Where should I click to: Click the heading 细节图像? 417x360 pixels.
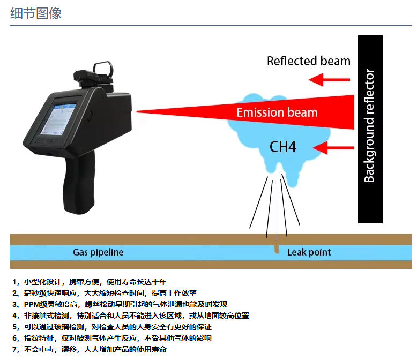36,13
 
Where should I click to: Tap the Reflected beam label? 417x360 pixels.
308,61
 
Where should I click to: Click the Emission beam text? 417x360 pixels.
277,112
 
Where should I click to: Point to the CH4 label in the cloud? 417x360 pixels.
282,147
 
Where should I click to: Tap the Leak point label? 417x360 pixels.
309,252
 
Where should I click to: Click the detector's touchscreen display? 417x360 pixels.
60,116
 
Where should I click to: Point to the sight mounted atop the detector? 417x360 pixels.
101,72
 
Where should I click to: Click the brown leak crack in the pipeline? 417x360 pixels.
277,249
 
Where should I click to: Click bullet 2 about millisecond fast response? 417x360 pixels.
105,293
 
